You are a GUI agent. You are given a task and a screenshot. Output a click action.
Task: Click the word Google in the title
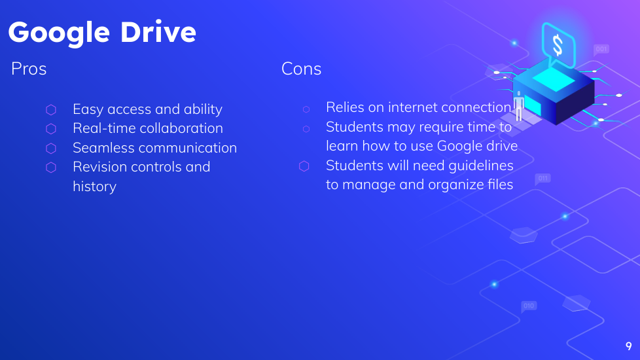(x=59, y=33)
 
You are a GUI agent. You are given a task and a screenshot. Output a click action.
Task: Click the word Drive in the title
(x=158, y=32)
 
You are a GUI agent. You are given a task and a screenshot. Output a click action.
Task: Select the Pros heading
(x=29, y=69)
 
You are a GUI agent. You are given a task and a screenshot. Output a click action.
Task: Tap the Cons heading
(x=301, y=69)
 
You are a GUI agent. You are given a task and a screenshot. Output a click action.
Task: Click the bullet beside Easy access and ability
(x=51, y=109)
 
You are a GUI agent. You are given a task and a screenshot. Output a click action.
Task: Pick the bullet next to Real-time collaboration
(x=51, y=128)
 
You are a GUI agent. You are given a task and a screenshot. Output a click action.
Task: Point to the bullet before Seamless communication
(x=51, y=148)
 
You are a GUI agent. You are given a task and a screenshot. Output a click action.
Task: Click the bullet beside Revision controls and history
(x=51, y=168)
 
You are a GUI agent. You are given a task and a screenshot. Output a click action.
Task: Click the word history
(x=95, y=187)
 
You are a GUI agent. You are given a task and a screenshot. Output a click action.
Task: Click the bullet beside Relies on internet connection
(x=306, y=109)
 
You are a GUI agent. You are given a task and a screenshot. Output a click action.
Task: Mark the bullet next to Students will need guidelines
(x=304, y=166)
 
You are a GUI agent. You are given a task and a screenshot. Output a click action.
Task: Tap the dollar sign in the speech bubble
(x=558, y=45)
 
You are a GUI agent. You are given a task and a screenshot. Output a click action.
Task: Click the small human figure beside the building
(x=519, y=106)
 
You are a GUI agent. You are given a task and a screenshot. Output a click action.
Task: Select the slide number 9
(x=629, y=346)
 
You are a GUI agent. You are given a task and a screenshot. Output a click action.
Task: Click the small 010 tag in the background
(x=529, y=306)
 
